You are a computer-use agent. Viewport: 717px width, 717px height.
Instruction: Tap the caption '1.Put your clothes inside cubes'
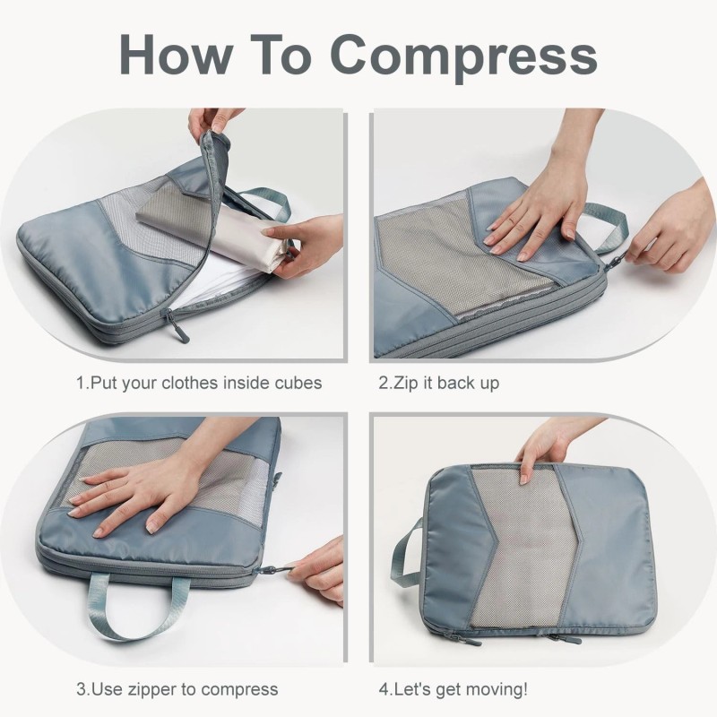coord(198,383)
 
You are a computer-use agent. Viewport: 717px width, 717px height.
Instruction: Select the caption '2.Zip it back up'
coord(438,383)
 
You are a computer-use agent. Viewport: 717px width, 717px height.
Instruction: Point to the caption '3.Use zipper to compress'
coord(177,689)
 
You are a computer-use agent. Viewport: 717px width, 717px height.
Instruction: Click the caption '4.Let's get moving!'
coord(453,689)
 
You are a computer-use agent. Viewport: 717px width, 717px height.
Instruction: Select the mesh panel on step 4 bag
coord(520,556)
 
